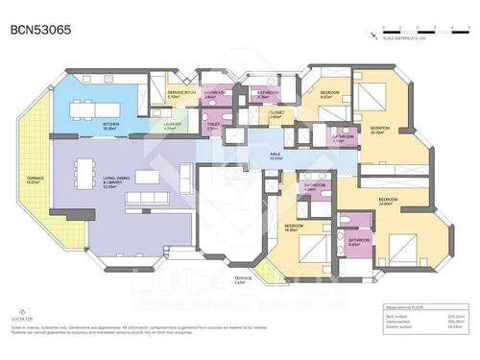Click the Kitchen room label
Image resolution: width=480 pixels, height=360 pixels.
111,125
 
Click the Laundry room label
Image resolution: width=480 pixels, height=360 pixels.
173,125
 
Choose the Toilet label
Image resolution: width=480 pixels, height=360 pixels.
216,126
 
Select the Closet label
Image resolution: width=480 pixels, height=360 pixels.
276,113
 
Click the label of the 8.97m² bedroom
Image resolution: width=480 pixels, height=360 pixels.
327,94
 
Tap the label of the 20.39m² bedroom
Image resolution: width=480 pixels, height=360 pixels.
381,129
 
